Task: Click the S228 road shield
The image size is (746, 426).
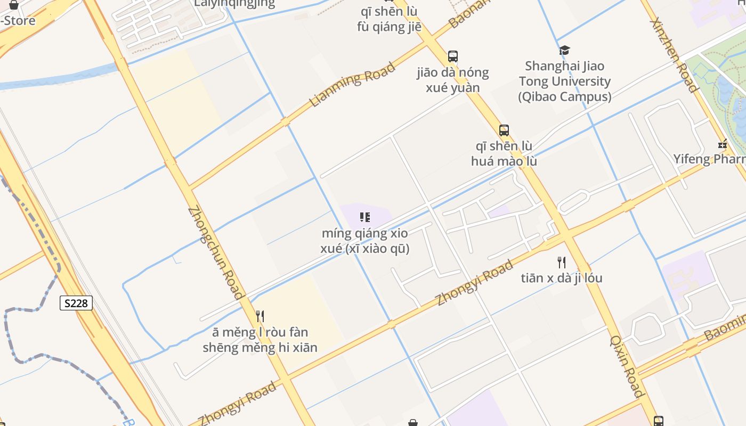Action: (76, 304)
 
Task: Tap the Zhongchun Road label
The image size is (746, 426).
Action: (215, 252)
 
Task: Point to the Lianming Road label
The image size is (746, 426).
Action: (352, 85)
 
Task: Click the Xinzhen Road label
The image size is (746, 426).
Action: (674, 55)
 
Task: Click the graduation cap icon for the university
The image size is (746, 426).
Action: (564, 51)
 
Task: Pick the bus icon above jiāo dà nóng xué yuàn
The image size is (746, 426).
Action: (453, 56)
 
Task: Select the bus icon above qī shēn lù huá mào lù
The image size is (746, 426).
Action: (504, 130)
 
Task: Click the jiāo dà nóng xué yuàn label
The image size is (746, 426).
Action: (453, 80)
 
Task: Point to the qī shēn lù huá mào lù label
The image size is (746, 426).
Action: (504, 153)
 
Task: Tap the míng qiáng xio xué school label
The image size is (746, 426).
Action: (365, 241)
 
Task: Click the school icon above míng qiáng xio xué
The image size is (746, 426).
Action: (365, 217)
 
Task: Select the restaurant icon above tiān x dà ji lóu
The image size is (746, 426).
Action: (561, 262)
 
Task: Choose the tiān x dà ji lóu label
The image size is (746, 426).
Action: (561, 278)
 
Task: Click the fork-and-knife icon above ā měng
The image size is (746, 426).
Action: (260, 316)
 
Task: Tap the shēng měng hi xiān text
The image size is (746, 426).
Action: (260, 348)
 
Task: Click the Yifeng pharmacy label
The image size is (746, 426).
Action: (709, 159)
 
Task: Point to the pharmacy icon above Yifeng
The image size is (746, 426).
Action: (723, 144)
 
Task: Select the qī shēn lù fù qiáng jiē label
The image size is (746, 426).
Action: (389, 19)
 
